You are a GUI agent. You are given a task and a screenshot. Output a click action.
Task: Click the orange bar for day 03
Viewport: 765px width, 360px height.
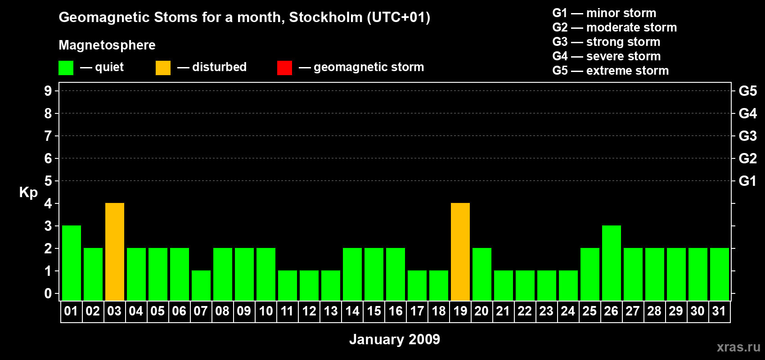coord(115,252)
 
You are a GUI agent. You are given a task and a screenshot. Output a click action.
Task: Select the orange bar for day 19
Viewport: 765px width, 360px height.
coord(460,252)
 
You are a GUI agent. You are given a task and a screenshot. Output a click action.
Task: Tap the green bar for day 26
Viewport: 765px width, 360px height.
coord(612,263)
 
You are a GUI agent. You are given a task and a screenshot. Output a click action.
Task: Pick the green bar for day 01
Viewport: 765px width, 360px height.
coord(72,263)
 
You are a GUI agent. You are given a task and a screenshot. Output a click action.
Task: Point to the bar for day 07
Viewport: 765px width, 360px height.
coord(201,286)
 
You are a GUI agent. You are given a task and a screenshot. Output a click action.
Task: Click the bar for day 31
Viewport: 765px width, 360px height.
coord(720,274)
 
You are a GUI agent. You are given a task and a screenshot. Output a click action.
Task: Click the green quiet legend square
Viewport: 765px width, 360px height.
coord(66,67)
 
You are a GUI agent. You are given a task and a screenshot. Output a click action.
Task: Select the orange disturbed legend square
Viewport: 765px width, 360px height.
coord(163,67)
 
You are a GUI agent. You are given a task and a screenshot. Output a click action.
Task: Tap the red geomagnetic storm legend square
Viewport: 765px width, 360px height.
coord(285,67)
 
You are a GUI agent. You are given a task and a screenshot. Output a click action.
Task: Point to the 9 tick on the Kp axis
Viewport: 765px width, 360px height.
coord(48,91)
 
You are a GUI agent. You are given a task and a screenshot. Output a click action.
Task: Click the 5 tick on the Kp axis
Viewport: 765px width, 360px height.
coord(48,181)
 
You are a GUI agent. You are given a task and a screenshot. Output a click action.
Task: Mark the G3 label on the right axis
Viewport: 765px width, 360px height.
coord(748,136)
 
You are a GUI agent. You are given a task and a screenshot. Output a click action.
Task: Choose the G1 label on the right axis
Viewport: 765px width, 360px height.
coord(748,181)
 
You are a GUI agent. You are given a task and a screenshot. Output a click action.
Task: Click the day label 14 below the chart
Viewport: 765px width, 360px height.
coord(352,311)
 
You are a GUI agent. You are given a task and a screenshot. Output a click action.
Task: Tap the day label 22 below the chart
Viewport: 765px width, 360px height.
coord(525,311)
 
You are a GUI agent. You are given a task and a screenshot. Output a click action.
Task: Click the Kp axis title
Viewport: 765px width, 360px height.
coord(28,193)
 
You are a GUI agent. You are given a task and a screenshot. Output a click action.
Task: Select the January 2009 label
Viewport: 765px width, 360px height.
coord(395,339)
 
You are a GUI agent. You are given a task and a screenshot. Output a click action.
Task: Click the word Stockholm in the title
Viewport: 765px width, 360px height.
coord(326,17)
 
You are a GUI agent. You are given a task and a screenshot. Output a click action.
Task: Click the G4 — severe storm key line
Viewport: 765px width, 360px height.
coord(607,56)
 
